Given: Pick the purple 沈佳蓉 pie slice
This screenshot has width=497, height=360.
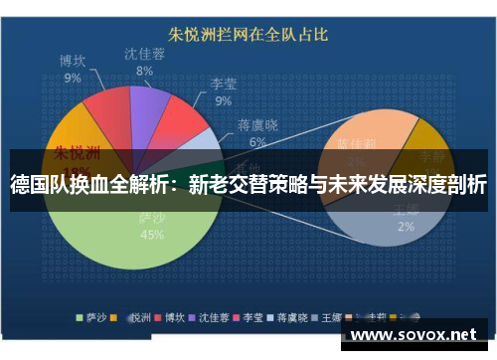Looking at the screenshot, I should click(149, 104).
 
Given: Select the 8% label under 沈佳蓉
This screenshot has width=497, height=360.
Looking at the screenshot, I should click(145, 72).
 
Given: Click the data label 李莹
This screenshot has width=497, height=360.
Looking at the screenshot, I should click(224, 86).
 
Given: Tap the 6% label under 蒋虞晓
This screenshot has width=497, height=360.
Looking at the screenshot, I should click(257, 142).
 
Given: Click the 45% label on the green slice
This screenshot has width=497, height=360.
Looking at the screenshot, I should click(152, 235).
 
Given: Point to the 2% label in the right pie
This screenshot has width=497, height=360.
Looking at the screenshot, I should click(407, 227).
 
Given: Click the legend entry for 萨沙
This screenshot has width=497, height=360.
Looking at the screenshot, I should click(95, 318).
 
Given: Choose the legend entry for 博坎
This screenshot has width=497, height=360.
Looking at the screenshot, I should click(178, 318).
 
